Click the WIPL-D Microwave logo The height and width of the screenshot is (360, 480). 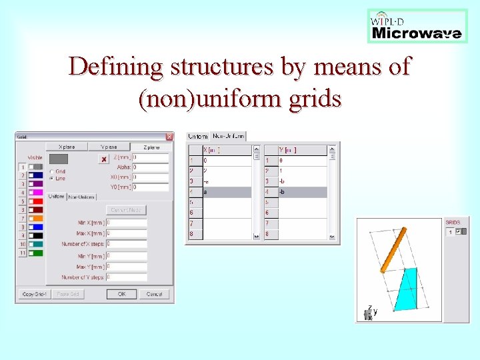(417, 27)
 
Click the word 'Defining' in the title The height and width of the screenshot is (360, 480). (114, 67)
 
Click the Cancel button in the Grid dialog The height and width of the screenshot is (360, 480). (154, 294)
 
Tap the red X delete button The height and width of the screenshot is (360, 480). (103, 159)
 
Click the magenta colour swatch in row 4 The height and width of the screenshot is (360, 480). (37, 193)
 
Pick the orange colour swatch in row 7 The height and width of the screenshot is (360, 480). (37, 219)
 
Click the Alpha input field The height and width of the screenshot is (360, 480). (150, 167)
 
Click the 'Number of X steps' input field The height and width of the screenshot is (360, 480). (127, 244)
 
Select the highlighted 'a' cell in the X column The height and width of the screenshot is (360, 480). (227, 192)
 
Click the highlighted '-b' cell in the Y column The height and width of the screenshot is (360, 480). (302, 192)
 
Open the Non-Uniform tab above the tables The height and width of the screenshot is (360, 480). (229, 136)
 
